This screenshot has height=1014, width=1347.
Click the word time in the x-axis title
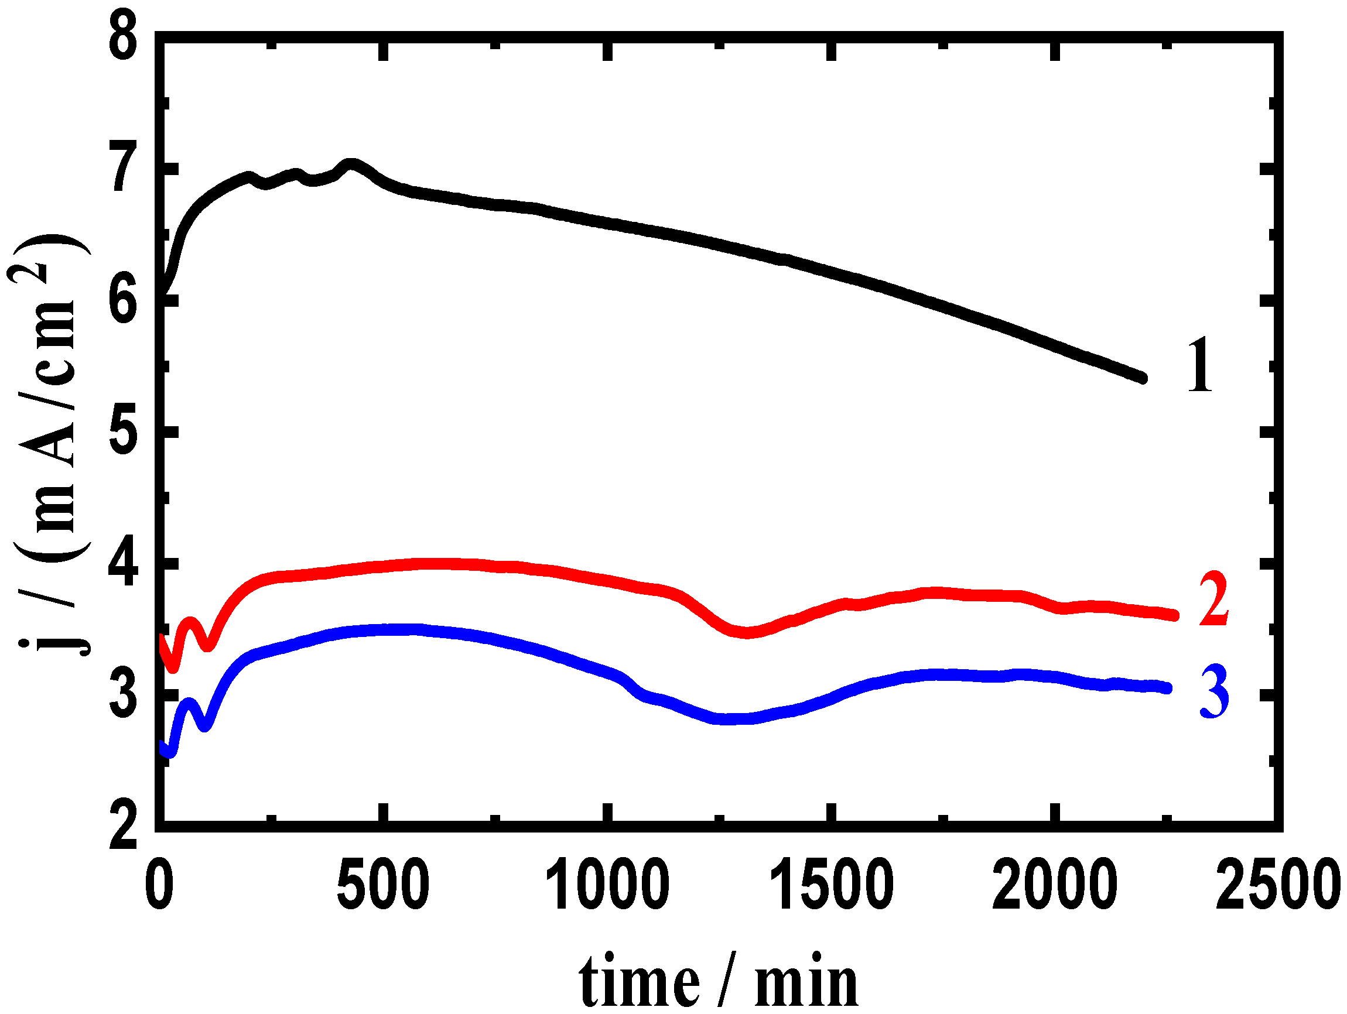[639, 979]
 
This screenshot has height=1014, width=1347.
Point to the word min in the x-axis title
[806, 979]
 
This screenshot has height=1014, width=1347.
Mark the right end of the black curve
[1143, 378]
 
